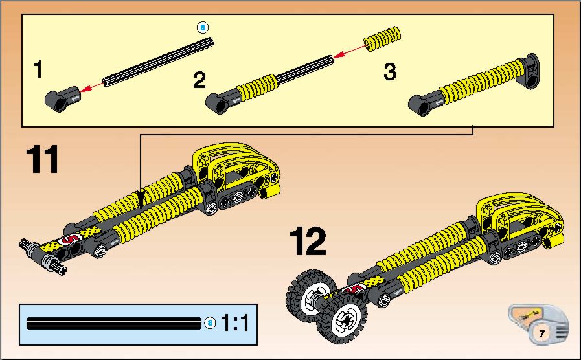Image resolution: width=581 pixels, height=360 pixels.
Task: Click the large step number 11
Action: (42, 159)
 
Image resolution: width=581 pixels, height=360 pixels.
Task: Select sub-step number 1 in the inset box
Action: (38, 69)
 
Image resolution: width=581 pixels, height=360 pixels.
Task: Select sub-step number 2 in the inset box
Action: (199, 80)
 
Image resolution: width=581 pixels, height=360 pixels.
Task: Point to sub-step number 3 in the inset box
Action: (390, 71)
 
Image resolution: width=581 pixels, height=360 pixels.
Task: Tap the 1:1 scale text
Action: (235, 322)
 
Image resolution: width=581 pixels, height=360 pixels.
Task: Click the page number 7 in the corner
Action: (541, 333)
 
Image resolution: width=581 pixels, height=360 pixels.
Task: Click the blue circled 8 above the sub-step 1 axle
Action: (203, 27)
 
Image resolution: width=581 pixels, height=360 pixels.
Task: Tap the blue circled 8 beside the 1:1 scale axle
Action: (210, 322)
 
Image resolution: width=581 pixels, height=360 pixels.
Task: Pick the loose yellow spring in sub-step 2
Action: (382, 38)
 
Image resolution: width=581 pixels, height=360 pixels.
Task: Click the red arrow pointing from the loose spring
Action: (348, 52)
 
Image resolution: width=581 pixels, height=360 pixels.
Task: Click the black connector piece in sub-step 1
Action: (62, 99)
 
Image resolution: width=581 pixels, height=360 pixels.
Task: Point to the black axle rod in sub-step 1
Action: (158, 62)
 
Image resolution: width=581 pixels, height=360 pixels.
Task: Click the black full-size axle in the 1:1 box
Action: (114, 323)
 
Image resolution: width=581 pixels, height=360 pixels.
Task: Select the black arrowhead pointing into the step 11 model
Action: (141, 199)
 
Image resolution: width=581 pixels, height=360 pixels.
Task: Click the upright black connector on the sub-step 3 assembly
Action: (530, 71)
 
